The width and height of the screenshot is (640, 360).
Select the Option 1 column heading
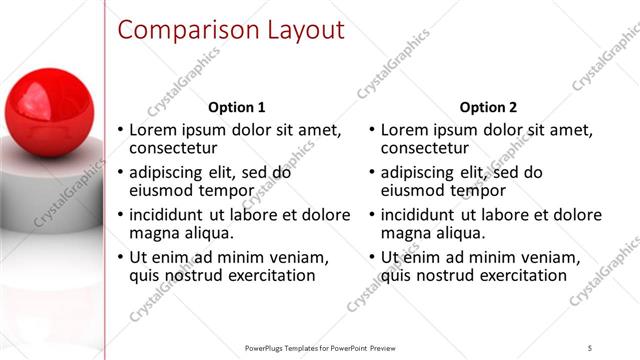click(236, 107)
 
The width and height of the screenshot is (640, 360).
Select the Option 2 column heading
click(489, 107)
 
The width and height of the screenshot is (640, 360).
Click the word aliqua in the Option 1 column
click(206, 233)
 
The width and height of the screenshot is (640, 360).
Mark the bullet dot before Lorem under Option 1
click(121, 131)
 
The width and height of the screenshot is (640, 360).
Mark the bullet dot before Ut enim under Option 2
click(372, 258)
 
